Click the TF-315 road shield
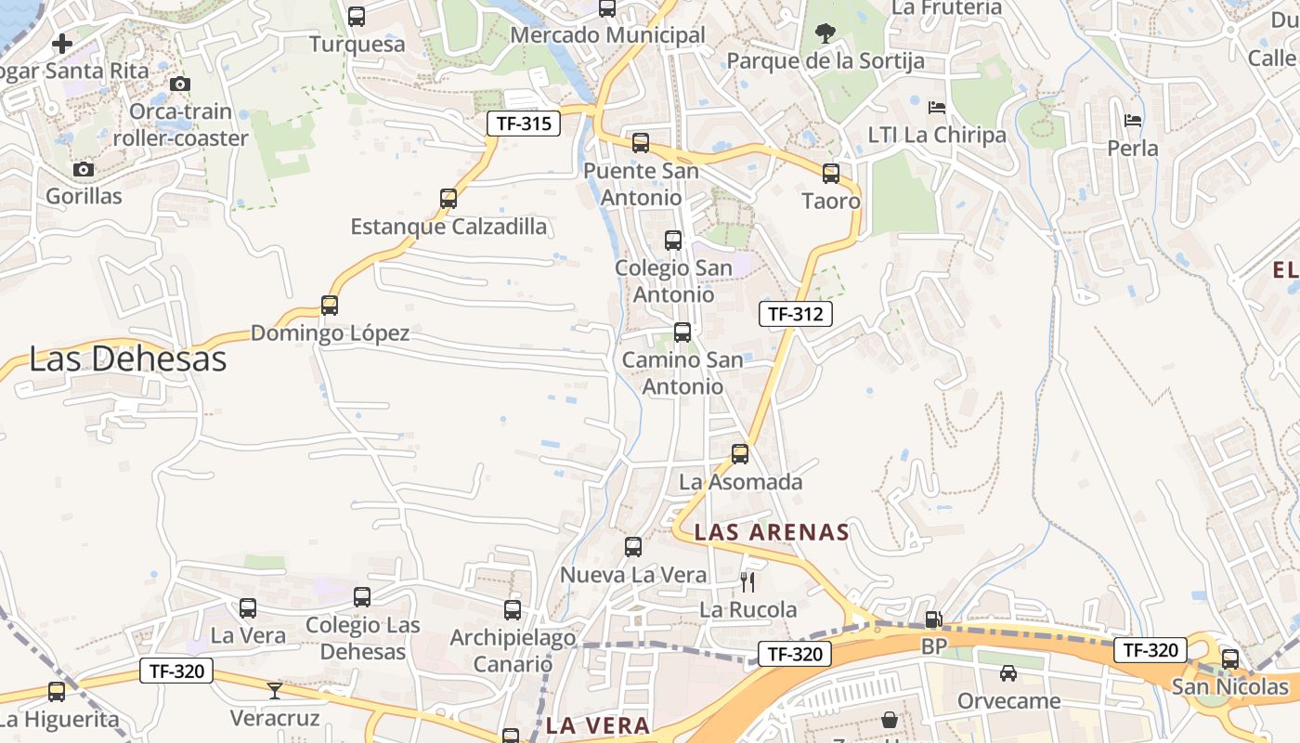click(524, 124)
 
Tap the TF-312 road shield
click(795, 314)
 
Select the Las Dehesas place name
click(128, 359)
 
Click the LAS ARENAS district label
click(772, 532)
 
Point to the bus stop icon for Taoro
click(831, 174)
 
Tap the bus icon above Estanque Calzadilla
click(448, 199)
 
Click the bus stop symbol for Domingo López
click(330, 306)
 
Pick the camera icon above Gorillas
click(84, 169)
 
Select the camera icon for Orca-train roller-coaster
click(181, 85)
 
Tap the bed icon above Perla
click(1133, 121)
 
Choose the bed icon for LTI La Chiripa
click(937, 108)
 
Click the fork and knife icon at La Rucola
click(747, 582)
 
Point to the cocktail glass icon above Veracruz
click(275, 690)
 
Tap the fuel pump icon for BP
click(933, 619)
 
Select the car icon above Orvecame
click(1008, 673)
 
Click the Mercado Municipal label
click(608, 35)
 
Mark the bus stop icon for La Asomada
click(740, 454)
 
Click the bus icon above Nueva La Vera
click(633, 547)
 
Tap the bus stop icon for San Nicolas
click(1230, 659)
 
